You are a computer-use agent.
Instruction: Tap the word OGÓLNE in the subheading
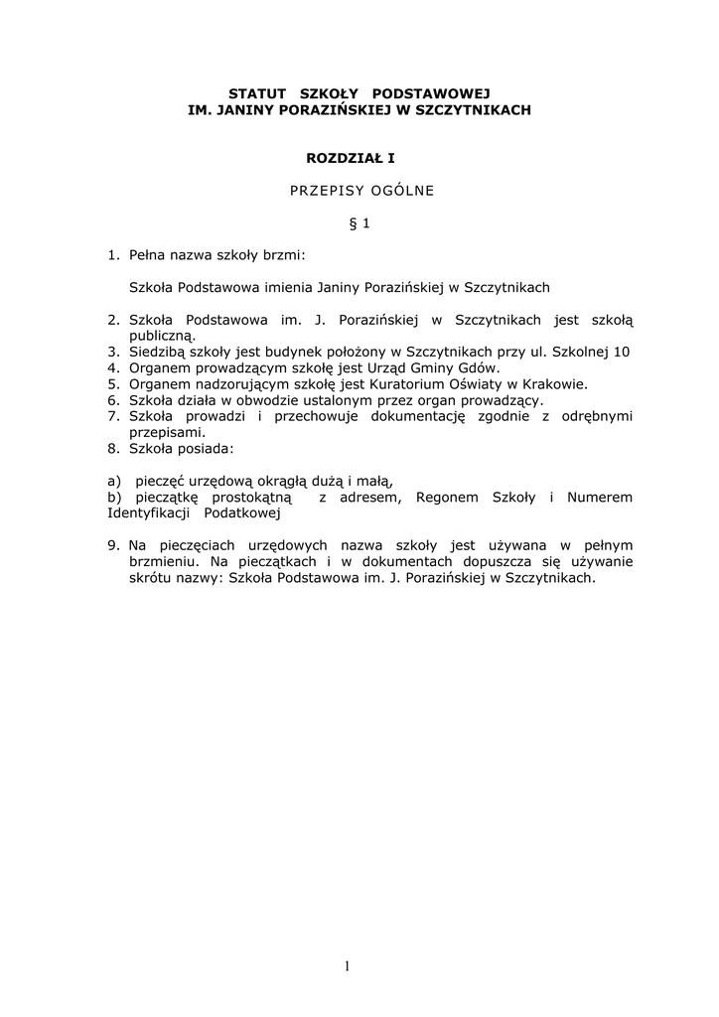pyautogui.click(x=401, y=191)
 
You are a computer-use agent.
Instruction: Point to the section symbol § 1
pyautogui.click(x=359, y=223)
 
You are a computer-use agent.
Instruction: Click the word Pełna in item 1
pyautogui.click(x=148, y=255)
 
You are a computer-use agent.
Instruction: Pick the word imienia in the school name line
pyautogui.click(x=287, y=287)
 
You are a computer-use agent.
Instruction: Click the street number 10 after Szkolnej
pyautogui.click(x=623, y=352)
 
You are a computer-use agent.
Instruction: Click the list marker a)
pyautogui.click(x=113, y=481)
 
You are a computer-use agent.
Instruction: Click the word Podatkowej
pyautogui.click(x=243, y=512)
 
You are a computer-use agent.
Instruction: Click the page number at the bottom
pyautogui.click(x=348, y=964)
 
